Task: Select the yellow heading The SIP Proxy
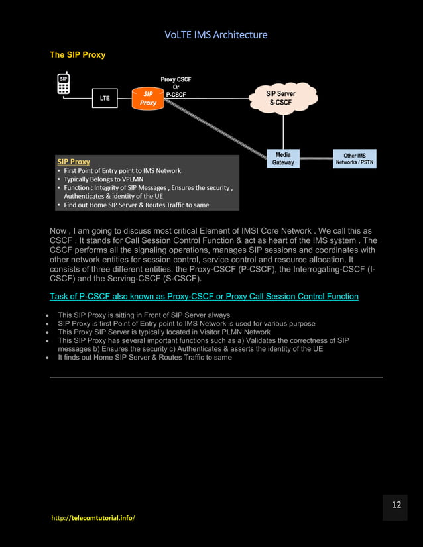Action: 78,54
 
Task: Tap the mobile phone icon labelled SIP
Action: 64,85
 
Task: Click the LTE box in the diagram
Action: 105,99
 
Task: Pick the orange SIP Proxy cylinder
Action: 148,99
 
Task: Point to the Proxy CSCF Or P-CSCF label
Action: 176,87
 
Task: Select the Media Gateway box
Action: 283,158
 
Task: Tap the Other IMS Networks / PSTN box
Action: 354,159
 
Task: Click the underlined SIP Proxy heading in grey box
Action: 74,161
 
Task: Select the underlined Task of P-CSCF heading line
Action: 204,296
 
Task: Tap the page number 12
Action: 396,505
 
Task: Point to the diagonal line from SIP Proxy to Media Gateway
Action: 219,129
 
